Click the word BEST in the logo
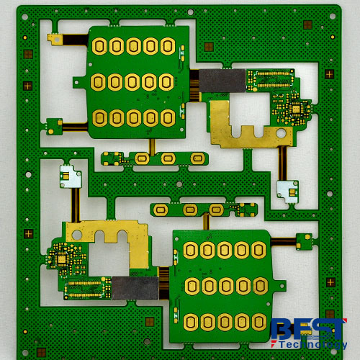(x=308, y=330)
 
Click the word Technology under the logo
(x=309, y=345)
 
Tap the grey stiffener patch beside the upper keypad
(x=222, y=81)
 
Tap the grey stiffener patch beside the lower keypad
(x=135, y=288)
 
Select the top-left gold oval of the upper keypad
(x=99, y=47)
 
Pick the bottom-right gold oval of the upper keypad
(x=167, y=117)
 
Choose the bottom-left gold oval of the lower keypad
(x=191, y=320)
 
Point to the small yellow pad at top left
(x=54, y=38)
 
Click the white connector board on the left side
(x=70, y=174)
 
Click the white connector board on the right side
(x=287, y=190)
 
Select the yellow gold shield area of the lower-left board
(x=108, y=234)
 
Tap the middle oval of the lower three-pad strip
(x=191, y=210)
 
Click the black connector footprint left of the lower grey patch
(x=87, y=289)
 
